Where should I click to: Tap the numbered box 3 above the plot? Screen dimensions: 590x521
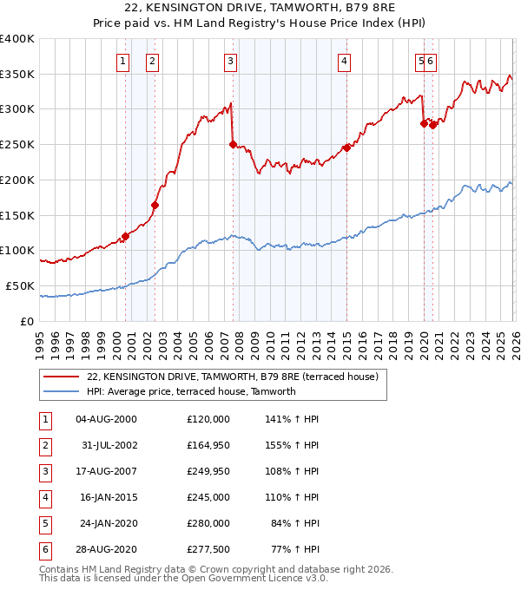tap(230, 61)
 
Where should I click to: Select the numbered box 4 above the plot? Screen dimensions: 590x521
tap(345, 61)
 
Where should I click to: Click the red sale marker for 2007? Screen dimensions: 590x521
tap(233, 144)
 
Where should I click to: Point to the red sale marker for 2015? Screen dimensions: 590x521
tap(346, 147)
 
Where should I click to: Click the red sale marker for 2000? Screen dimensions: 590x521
tap(125, 235)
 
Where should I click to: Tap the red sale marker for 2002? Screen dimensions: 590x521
tap(155, 205)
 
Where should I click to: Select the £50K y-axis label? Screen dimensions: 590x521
tap(21, 285)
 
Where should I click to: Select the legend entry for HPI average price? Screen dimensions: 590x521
tap(191, 391)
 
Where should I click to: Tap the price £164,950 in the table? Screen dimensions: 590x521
tap(208, 445)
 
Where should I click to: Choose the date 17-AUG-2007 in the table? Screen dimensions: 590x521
tap(106, 471)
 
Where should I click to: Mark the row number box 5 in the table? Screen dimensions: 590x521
tap(44, 524)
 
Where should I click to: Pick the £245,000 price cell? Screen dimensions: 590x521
tap(208, 498)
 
